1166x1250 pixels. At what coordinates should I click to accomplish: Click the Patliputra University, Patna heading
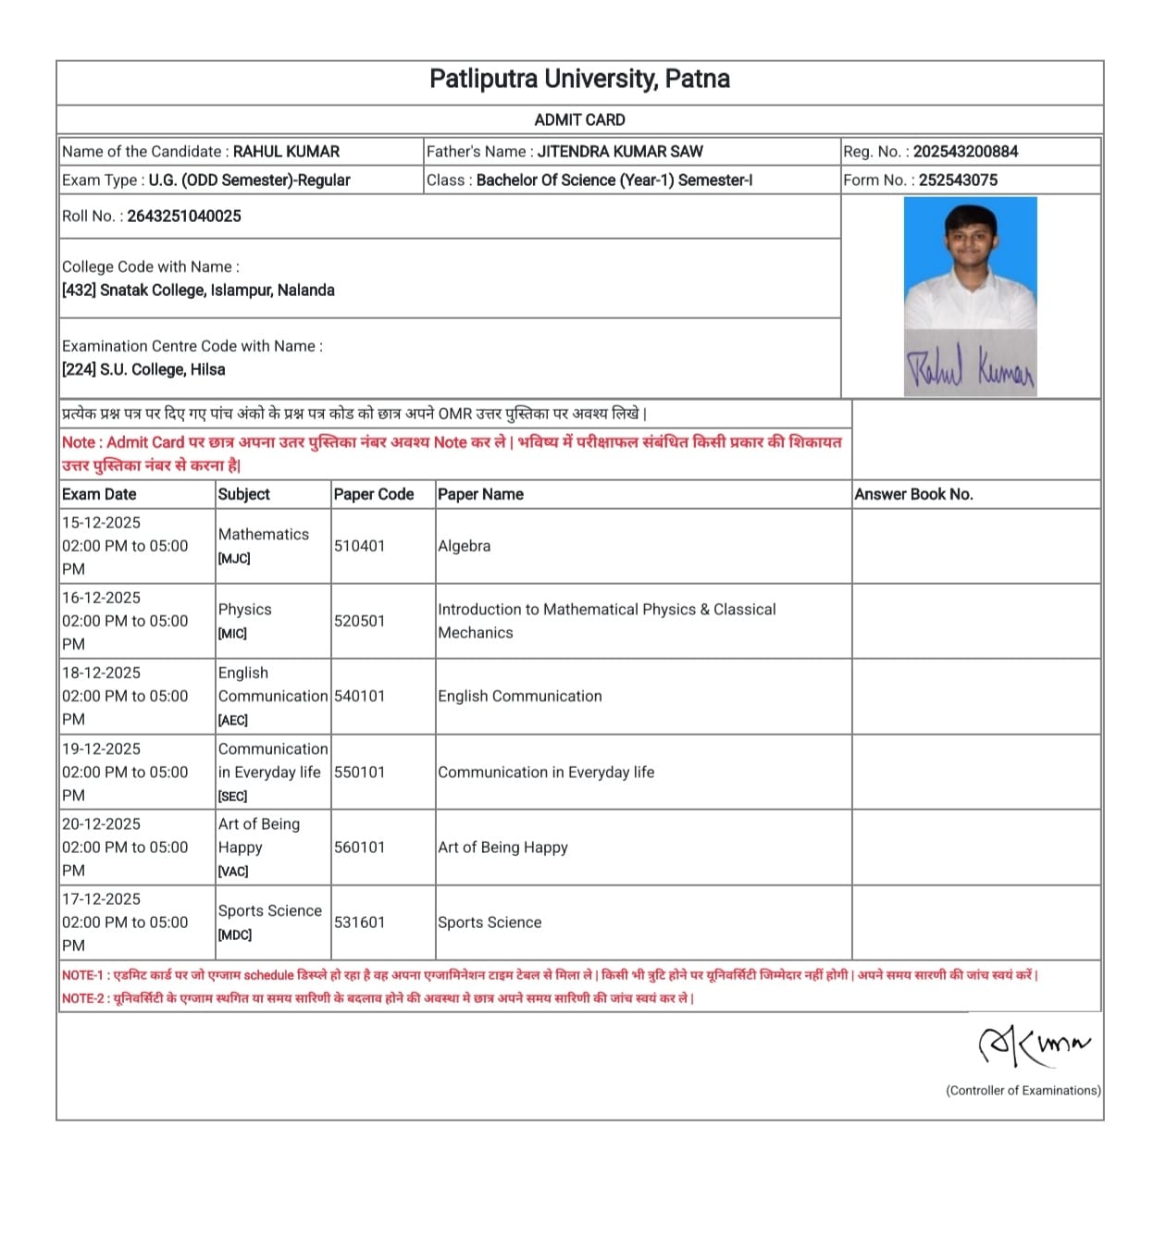[579, 80]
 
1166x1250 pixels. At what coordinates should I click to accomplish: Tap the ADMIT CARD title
[579, 120]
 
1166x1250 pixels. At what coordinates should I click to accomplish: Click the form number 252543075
[958, 180]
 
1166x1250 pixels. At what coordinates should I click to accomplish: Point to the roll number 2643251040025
[184, 217]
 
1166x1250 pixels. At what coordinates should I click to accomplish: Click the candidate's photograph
[970, 264]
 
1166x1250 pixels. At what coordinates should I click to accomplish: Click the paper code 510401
[359, 546]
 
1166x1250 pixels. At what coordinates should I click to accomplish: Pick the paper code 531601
[359, 922]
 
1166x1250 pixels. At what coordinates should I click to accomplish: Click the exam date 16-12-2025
[101, 598]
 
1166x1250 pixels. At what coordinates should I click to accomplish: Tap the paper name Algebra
[465, 546]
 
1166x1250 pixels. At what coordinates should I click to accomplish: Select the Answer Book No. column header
[913, 494]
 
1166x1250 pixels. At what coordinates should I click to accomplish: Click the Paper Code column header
[374, 494]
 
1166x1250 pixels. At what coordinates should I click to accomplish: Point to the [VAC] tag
[233, 872]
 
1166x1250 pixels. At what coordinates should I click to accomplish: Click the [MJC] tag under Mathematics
[234, 559]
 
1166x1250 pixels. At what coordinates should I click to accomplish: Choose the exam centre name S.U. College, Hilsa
[162, 370]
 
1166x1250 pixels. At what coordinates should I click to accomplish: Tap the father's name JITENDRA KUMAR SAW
[620, 152]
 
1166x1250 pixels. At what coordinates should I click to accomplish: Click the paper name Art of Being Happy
[502, 848]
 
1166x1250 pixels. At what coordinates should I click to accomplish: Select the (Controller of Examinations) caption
[1023, 1091]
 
